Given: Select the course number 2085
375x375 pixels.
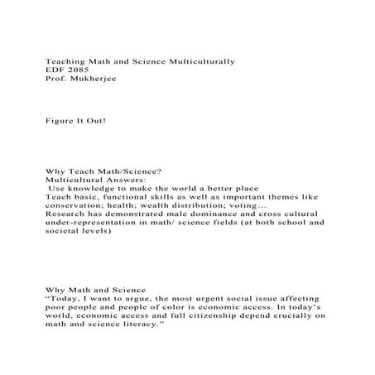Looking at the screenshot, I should [x=78, y=71].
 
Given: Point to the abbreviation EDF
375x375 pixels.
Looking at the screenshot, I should [x=54, y=71].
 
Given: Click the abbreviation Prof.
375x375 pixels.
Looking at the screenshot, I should [x=54, y=80].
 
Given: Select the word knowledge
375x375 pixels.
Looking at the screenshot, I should [x=91, y=188].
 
